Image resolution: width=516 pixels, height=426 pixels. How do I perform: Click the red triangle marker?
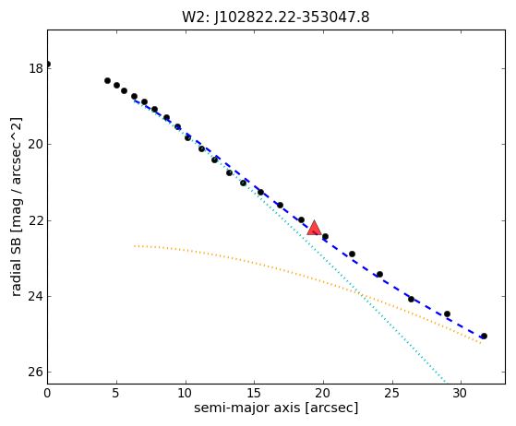click(314, 228)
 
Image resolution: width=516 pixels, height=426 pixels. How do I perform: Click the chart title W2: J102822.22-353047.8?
click(276, 18)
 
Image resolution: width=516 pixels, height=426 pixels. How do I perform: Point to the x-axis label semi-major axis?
click(247, 408)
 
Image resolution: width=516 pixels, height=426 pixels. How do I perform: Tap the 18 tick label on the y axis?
click(36, 68)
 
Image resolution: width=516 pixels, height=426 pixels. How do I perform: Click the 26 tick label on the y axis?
click(36, 373)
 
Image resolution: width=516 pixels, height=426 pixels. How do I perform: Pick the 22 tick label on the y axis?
click(36, 220)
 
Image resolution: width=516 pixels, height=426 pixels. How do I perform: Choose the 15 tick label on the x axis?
click(254, 393)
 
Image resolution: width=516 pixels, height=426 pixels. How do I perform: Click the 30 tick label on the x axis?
click(460, 393)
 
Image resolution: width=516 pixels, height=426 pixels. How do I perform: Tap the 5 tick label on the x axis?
click(115, 393)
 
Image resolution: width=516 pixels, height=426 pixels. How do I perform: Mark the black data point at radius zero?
click(47, 65)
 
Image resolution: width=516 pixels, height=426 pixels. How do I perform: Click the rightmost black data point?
click(484, 336)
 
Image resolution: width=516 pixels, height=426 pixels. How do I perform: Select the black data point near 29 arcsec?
click(447, 314)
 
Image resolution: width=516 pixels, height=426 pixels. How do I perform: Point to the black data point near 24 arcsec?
click(379, 274)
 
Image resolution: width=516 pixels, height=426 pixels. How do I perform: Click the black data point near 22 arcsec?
click(352, 254)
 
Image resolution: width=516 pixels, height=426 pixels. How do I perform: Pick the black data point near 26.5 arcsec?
click(411, 299)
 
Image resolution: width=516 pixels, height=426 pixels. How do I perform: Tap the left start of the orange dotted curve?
click(134, 245)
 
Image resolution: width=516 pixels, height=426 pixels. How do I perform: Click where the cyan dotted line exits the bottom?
click(447, 384)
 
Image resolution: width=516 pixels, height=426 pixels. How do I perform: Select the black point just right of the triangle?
click(325, 236)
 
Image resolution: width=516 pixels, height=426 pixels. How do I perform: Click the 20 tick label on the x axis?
click(323, 393)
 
